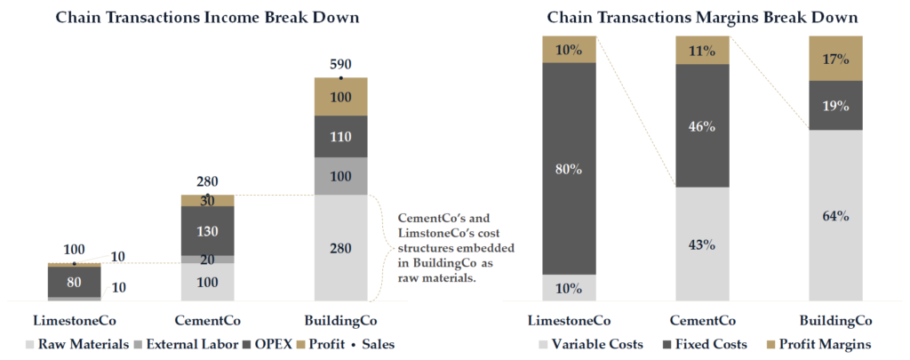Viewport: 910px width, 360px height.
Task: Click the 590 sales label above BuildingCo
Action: coord(341,65)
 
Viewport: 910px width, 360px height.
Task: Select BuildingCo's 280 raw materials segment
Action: coord(341,247)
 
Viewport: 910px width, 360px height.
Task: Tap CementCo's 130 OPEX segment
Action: coord(207,230)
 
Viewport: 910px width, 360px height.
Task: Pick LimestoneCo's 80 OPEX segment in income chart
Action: coord(74,282)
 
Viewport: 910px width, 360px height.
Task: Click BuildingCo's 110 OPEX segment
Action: coord(341,137)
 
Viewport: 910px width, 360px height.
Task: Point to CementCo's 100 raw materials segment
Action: coord(207,282)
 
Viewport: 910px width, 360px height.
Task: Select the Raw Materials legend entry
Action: coord(78,344)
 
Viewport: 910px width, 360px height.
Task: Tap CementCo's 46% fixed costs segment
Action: coord(702,125)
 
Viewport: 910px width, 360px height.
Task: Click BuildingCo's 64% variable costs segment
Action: coord(835,216)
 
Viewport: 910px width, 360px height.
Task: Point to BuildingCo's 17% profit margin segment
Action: coord(835,59)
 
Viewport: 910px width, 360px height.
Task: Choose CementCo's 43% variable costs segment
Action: coord(702,244)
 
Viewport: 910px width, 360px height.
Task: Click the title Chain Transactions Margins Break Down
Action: coord(702,17)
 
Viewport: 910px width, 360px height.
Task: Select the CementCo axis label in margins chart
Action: coord(702,321)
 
